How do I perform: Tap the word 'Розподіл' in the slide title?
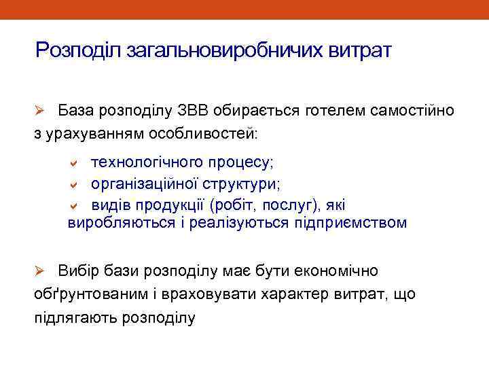78,51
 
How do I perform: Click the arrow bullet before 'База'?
40,110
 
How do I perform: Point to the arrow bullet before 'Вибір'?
40,271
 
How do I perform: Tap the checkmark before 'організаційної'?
77,184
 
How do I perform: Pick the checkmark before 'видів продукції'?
77,205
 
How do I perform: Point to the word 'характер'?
287,294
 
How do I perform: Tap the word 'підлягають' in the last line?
74,317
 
